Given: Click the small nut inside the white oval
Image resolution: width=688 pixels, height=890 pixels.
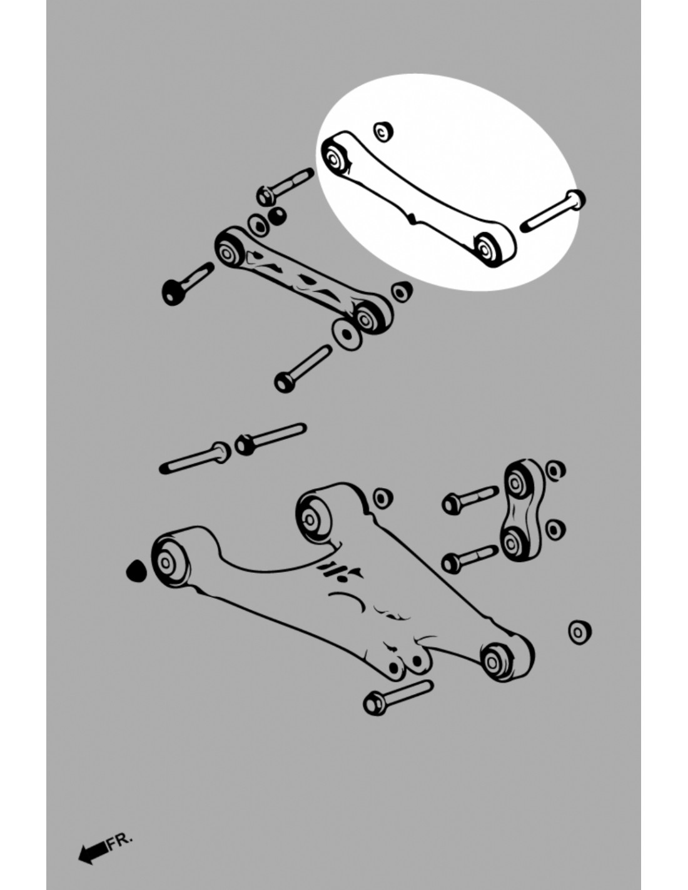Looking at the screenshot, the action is coord(383,131).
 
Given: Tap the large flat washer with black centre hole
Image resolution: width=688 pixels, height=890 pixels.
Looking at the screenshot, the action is coord(347,334).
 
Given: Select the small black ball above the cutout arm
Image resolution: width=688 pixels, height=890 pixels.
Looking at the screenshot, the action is coord(278,216).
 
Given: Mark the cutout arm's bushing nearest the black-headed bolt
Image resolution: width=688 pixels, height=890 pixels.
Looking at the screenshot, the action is coord(228,251).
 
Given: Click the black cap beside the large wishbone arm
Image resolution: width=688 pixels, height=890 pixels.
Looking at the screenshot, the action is coord(136,571).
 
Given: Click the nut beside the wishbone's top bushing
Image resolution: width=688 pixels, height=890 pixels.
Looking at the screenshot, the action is coord(383,498).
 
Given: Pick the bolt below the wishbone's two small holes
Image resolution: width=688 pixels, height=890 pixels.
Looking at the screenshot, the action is coord(398,698).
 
